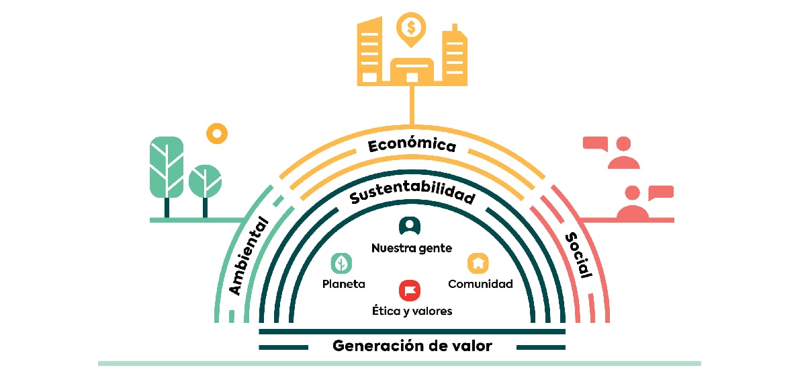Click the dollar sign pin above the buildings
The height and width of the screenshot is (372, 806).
click(x=411, y=29)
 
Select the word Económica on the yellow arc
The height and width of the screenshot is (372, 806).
click(x=412, y=145)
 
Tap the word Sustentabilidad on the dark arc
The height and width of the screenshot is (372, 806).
click(x=412, y=192)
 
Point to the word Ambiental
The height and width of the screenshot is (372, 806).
click(x=249, y=256)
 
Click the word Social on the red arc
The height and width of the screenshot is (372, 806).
click(x=578, y=255)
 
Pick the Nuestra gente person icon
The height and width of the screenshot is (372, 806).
click(x=410, y=226)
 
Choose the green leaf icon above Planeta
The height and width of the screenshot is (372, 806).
click(x=341, y=263)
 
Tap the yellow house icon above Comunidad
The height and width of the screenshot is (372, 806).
click(x=478, y=263)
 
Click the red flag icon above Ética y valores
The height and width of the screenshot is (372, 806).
click(x=410, y=290)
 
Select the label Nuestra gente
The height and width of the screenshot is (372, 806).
click(x=412, y=248)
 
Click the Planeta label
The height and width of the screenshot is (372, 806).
click(x=344, y=284)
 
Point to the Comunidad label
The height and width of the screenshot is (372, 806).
click(x=480, y=284)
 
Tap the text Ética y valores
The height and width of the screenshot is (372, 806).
click(x=412, y=311)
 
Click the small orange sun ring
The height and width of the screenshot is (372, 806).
click(x=217, y=133)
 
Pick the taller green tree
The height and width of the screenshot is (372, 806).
click(x=167, y=177)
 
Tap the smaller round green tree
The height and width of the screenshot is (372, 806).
click(x=205, y=190)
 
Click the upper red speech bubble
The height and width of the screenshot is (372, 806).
click(x=596, y=143)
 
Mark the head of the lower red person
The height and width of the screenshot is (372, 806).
click(x=633, y=193)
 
